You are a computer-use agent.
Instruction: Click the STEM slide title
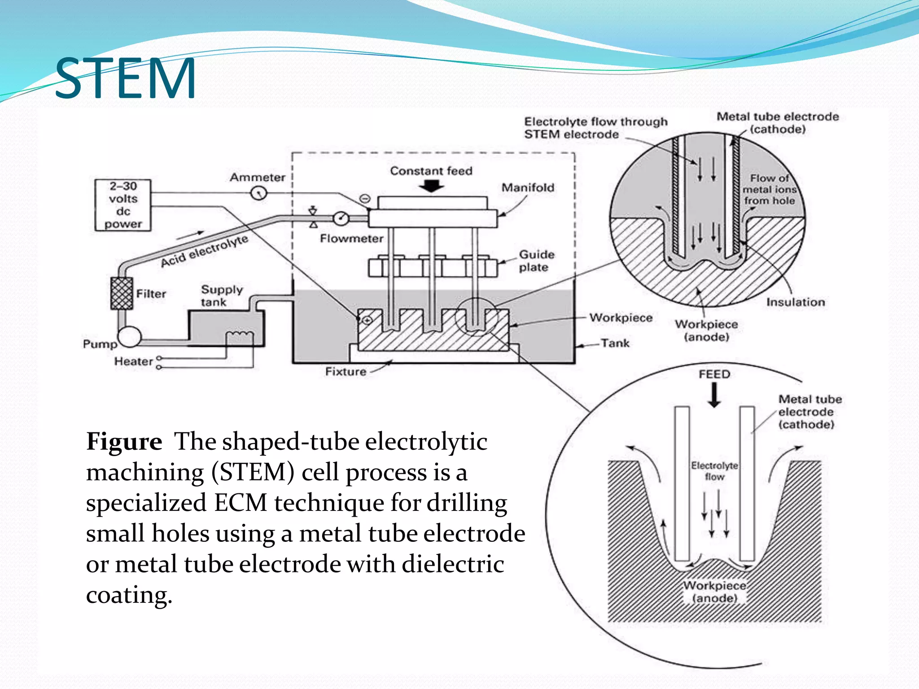[x=125, y=78]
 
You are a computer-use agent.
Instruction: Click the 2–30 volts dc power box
[x=123, y=205]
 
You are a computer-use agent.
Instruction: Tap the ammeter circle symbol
[x=259, y=193]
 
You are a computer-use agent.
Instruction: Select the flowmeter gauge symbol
[x=341, y=218]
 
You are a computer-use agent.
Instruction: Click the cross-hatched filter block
[x=122, y=294]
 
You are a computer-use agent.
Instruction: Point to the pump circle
[x=130, y=337]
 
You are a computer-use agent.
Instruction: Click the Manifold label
[x=528, y=188]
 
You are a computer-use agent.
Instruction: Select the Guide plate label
[x=536, y=261]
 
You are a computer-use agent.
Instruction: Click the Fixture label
[x=346, y=371]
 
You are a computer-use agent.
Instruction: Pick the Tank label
[x=615, y=343]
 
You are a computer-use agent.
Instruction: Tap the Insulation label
[x=795, y=302]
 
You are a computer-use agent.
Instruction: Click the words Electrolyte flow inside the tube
[x=714, y=471]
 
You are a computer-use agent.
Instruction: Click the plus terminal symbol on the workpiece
[x=367, y=320]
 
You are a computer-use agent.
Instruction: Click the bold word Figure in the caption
[x=124, y=441]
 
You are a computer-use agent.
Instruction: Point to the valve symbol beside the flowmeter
[x=313, y=217]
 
